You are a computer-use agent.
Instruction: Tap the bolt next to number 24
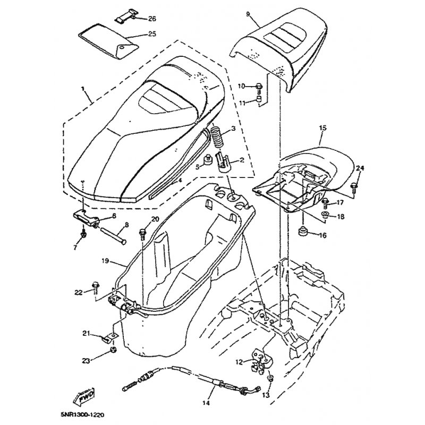353,185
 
